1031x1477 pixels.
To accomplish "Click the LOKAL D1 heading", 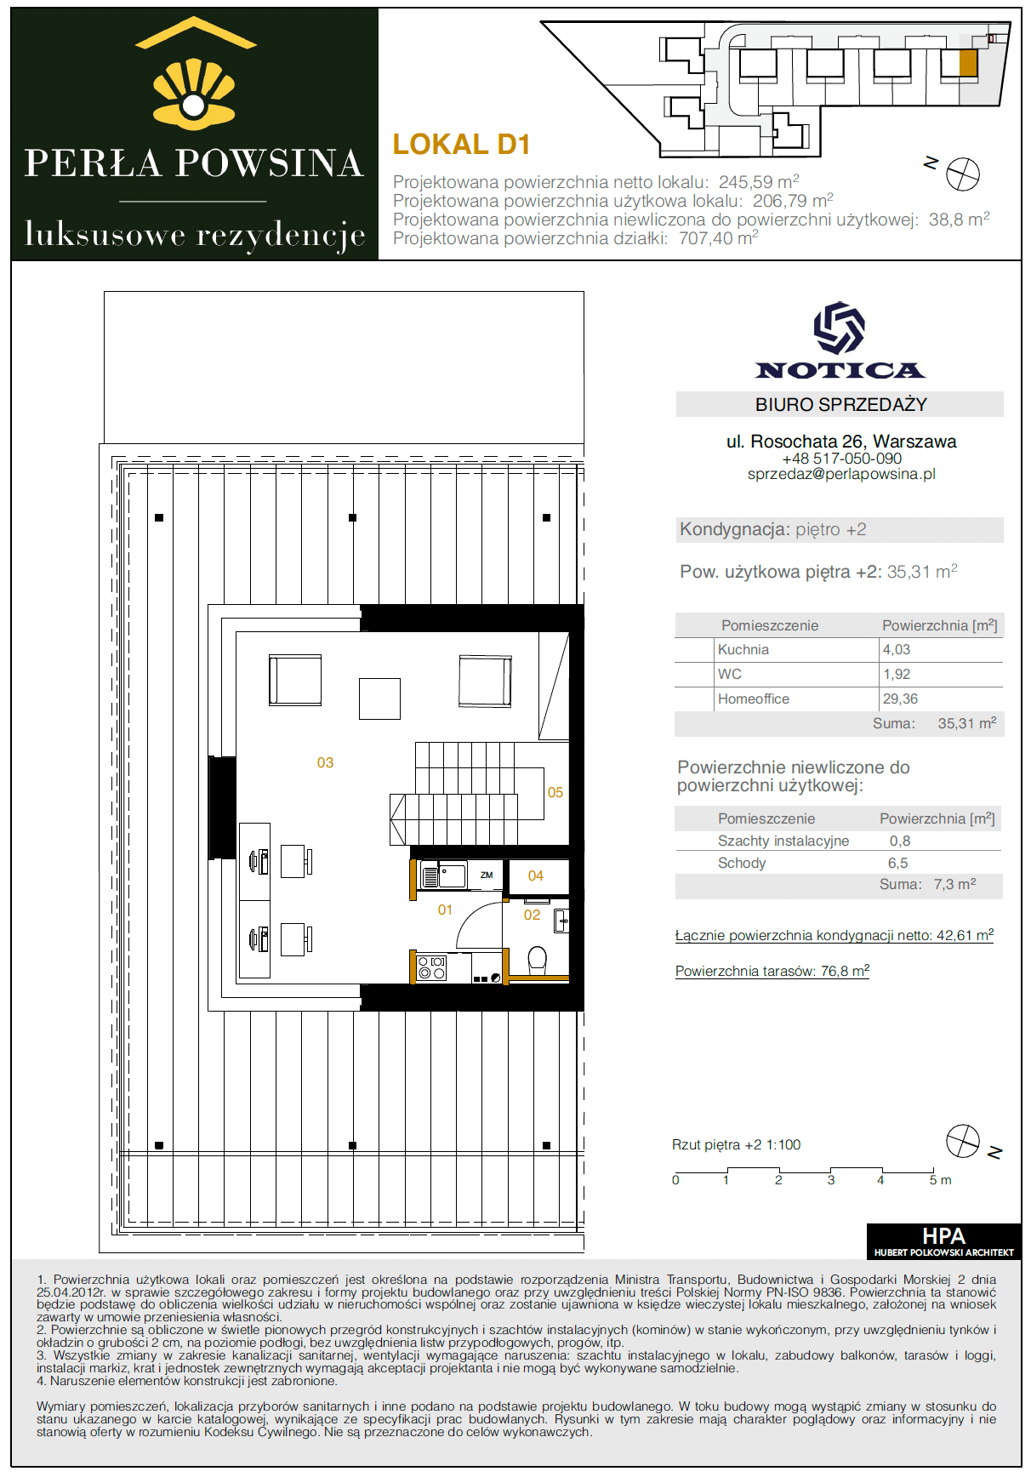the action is point(461,145).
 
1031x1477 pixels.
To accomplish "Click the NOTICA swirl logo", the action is point(840,328).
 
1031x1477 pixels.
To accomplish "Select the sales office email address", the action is point(841,475).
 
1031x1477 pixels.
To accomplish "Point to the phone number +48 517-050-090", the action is point(841,459).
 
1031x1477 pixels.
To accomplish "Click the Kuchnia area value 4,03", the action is point(897,650).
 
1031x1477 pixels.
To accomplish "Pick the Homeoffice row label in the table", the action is point(754,699).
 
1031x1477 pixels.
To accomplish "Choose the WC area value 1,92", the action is point(897,675).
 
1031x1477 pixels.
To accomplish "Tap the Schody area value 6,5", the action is point(898,864).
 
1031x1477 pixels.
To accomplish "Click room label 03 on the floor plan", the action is point(325,763).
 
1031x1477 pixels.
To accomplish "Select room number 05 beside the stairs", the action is point(555,793).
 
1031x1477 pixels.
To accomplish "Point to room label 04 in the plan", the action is point(536,876).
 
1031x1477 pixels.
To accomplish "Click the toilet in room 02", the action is point(538,961).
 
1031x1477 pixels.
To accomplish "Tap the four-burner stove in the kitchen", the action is point(432,968).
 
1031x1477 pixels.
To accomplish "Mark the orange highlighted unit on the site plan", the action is point(968,64).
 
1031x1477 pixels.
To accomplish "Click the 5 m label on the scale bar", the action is point(940,1181).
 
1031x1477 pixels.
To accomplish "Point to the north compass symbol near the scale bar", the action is point(963,1141).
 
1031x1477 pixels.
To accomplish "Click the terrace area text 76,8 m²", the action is point(845,971).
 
